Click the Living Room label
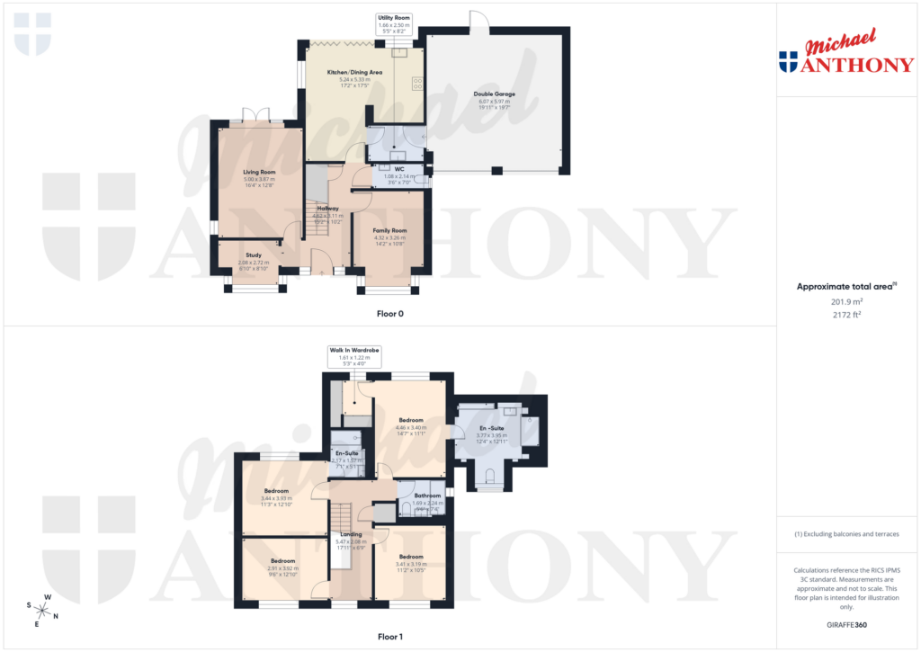tap(259, 172)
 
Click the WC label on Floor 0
tap(398, 168)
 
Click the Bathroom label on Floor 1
tap(427, 496)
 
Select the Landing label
tap(351, 534)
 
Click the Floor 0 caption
tap(389, 314)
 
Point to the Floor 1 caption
tap(389, 637)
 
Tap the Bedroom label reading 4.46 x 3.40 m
tap(411, 420)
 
